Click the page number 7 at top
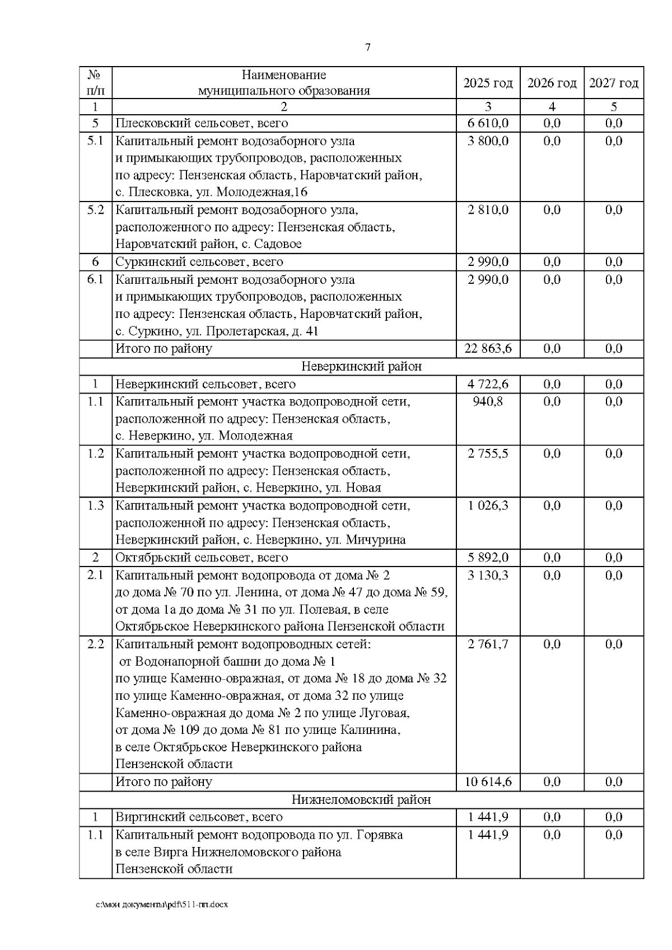tap(368, 48)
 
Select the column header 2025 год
tap(488, 83)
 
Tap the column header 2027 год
tap(614, 83)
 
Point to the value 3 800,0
tap(488, 141)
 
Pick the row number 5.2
tap(95, 210)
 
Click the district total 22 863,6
tap(488, 349)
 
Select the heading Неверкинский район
tap(361, 367)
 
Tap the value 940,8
tap(488, 401)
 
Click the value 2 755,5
tap(488, 453)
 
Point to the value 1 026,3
tap(488, 506)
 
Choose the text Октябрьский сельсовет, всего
tap(202, 558)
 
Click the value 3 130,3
tap(488, 575)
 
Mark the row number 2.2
tap(95, 644)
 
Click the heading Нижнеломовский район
tap(361, 799)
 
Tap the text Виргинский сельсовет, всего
tap(199, 817)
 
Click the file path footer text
tap(162, 905)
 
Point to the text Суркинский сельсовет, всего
tap(199, 262)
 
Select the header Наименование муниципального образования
tap(284, 83)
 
